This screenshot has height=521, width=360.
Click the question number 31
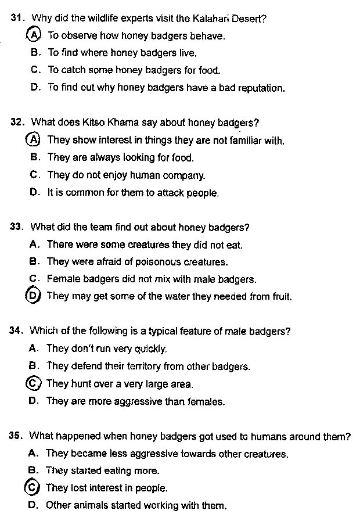[17, 18]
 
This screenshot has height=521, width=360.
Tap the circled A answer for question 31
[34, 35]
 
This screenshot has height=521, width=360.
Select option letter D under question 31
[35, 88]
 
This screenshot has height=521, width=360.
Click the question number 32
[17, 123]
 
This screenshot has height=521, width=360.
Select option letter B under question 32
[34, 157]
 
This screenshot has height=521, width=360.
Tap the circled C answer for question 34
[33, 383]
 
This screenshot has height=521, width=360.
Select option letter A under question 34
[33, 348]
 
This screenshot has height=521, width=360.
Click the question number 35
[16, 436]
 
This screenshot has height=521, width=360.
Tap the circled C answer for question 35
[33, 487]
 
